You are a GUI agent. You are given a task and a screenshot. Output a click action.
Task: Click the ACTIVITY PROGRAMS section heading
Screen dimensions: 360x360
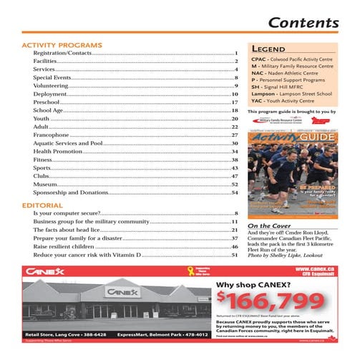click(62, 44)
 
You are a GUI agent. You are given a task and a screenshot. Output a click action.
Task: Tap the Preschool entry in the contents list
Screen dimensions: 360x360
click(49, 102)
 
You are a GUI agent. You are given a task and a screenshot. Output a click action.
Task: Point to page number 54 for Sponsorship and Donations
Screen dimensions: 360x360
click(234, 192)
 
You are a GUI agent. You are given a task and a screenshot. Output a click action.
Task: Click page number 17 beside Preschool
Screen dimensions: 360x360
click(234, 102)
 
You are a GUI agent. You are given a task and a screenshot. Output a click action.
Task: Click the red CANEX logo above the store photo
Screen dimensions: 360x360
click(45, 272)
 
